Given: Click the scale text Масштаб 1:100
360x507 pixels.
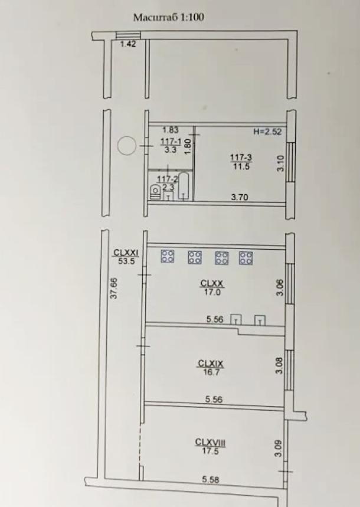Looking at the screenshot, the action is (x=169, y=17).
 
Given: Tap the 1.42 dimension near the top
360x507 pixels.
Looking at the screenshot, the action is (x=128, y=44).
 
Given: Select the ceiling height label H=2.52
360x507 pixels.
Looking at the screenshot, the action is (x=267, y=132).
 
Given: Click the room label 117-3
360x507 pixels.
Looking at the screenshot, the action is (x=241, y=158).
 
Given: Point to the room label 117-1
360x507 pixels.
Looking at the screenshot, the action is (x=171, y=142).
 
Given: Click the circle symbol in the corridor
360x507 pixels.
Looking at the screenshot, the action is (x=126, y=146).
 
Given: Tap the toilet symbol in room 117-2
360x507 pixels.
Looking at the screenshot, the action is (x=155, y=191).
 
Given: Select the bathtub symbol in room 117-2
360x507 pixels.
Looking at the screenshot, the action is (x=184, y=187).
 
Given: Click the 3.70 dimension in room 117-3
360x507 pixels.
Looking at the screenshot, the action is (x=240, y=197).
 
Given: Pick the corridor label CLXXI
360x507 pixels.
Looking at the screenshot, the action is (x=126, y=253).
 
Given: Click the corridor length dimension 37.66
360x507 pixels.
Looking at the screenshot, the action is (x=114, y=288).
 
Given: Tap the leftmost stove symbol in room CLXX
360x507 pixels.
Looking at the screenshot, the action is (x=168, y=256).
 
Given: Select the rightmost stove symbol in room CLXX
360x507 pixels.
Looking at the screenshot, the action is (x=246, y=258).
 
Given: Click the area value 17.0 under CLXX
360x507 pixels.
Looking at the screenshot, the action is (x=212, y=292).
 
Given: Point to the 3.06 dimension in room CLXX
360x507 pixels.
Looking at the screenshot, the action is (x=280, y=287).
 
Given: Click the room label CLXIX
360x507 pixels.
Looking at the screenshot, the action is (x=211, y=364).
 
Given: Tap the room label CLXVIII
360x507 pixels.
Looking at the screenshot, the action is (x=210, y=442).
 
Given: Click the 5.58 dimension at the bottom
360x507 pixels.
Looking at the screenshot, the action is (x=211, y=479).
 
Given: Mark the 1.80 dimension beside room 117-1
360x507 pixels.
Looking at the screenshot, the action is (x=188, y=147).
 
